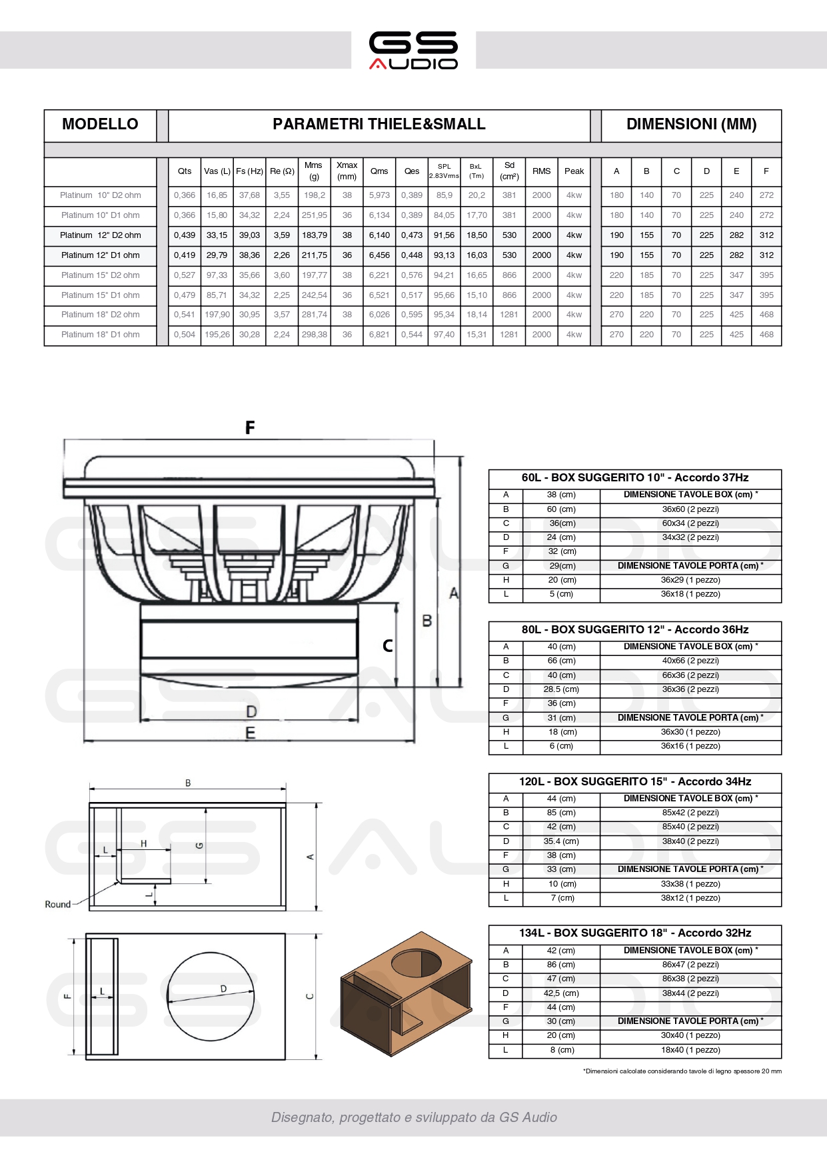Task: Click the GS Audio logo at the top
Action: tap(413, 50)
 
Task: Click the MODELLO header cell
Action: tap(100, 125)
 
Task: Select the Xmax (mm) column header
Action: tap(347, 171)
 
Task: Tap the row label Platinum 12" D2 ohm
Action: tap(101, 235)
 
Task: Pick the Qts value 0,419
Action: tap(185, 255)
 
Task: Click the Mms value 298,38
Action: tap(315, 335)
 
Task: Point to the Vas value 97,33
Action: tap(217, 275)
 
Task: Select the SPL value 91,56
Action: tap(444, 235)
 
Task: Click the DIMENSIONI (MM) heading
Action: tap(691, 125)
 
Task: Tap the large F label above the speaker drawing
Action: tap(250, 427)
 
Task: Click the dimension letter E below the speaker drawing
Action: tap(251, 733)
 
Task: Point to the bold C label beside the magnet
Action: tap(388, 646)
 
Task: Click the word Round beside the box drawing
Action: tap(57, 905)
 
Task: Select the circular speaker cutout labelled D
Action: tap(212, 997)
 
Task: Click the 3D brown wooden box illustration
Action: tap(406, 993)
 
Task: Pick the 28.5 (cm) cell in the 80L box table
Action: tap(561, 689)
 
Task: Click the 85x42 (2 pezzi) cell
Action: tap(690, 813)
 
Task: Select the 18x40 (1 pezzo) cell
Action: tap(690, 1050)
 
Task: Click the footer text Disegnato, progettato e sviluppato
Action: tap(414, 1117)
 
